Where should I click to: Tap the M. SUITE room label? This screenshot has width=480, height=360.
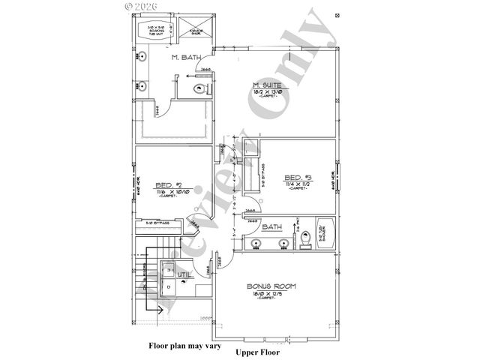point(268,86)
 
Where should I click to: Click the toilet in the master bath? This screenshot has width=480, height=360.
point(198,88)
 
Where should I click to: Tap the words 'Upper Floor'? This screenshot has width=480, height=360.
point(257,352)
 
